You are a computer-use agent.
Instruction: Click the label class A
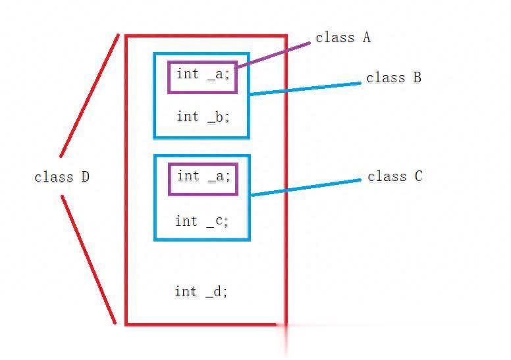[x=342, y=38]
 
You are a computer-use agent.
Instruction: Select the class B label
[x=393, y=78]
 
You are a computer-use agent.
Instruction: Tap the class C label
[x=394, y=176]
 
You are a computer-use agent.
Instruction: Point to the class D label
[x=61, y=177]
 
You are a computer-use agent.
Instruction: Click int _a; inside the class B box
[x=203, y=74]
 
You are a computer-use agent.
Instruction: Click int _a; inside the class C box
[x=203, y=176]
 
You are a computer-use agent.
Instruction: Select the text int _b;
[x=203, y=117]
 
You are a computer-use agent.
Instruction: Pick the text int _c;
[x=202, y=221]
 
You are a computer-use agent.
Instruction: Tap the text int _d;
[x=201, y=291]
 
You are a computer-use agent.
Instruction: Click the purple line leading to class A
[x=273, y=55]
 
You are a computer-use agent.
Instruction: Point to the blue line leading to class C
[x=306, y=186]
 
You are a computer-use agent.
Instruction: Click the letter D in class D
[x=85, y=177]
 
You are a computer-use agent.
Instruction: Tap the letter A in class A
[x=366, y=38]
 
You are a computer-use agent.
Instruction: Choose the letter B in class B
[x=417, y=78]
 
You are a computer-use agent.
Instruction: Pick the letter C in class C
[x=418, y=176]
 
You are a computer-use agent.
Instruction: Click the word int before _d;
[x=185, y=291]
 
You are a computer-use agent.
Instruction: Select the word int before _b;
[x=187, y=116]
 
